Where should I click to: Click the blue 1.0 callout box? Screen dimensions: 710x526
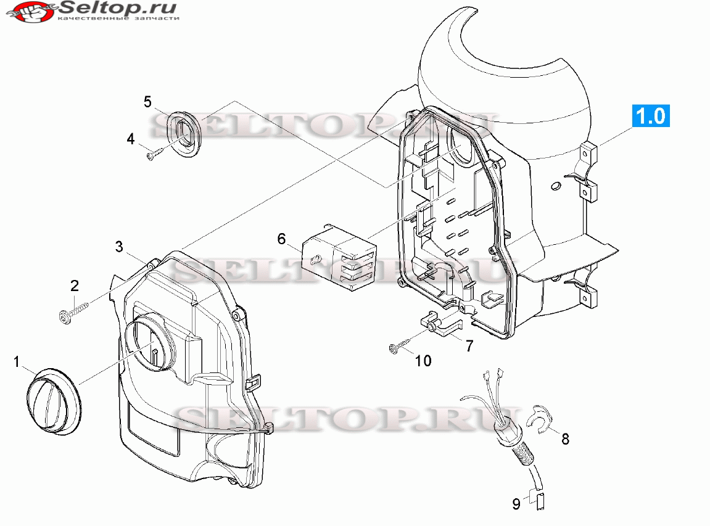(651, 116)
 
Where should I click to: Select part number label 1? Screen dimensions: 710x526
(17, 362)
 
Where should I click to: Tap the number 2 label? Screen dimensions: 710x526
(74, 286)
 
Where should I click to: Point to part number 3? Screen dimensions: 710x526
(119, 247)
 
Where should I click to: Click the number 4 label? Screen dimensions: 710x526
(131, 139)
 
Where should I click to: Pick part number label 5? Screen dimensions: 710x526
(147, 101)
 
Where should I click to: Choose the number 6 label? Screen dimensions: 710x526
(282, 239)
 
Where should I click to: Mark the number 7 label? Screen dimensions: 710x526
(469, 346)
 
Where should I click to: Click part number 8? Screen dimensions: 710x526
(565, 438)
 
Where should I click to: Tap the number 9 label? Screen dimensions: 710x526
(516, 504)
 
